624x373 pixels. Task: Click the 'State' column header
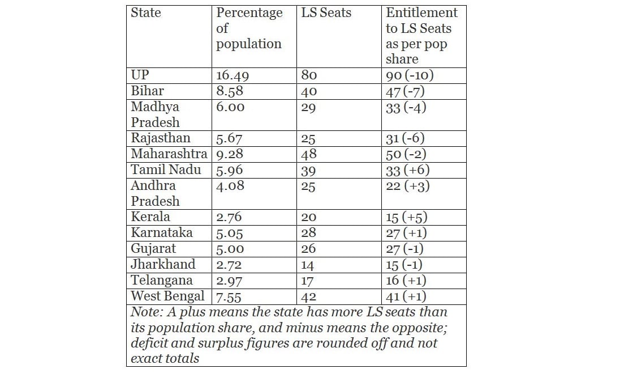[x=145, y=13]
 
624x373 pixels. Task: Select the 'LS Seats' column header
[x=326, y=13]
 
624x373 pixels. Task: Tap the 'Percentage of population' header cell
[x=249, y=28]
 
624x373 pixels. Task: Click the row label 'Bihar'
[x=148, y=91]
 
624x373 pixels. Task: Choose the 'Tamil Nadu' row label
[x=166, y=169]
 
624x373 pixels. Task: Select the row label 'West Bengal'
[x=167, y=296]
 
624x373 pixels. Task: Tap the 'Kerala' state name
[x=150, y=217]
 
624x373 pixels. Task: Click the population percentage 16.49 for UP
[x=233, y=75]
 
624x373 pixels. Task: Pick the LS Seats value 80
[x=309, y=75]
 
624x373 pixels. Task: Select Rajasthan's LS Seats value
[x=308, y=138]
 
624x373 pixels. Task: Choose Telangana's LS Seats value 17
[x=308, y=281]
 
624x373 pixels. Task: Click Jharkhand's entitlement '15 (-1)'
[x=404, y=265]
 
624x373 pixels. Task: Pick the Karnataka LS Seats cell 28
[x=308, y=233]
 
